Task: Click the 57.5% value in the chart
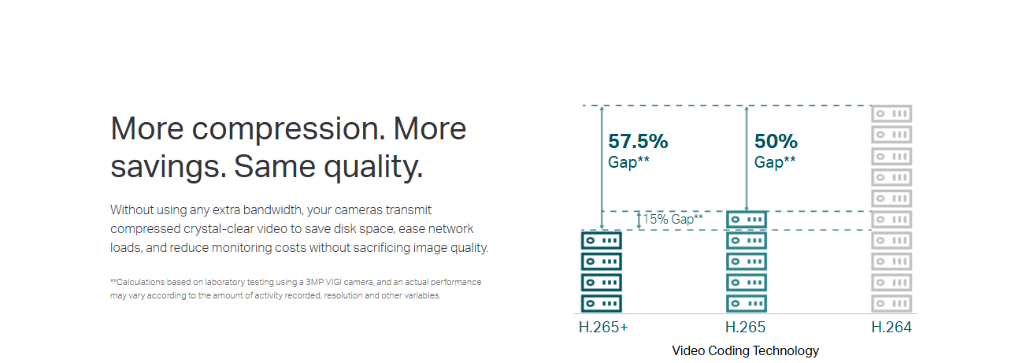tap(638, 141)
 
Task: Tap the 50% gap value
tap(776, 141)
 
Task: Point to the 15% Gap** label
tap(673, 219)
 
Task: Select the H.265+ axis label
tap(603, 327)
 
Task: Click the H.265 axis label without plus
tap(745, 327)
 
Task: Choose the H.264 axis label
tap(891, 327)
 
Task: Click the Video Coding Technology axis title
tap(745, 350)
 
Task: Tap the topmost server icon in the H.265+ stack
tap(602, 240)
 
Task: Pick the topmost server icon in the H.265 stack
tap(747, 220)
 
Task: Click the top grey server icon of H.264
tap(891, 113)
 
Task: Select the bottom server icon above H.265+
tap(602, 303)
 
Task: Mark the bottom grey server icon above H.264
tap(891, 303)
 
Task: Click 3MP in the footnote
tap(315, 282)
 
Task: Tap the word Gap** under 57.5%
tap(628, 162)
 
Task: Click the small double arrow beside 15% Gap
tap(639, 220)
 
